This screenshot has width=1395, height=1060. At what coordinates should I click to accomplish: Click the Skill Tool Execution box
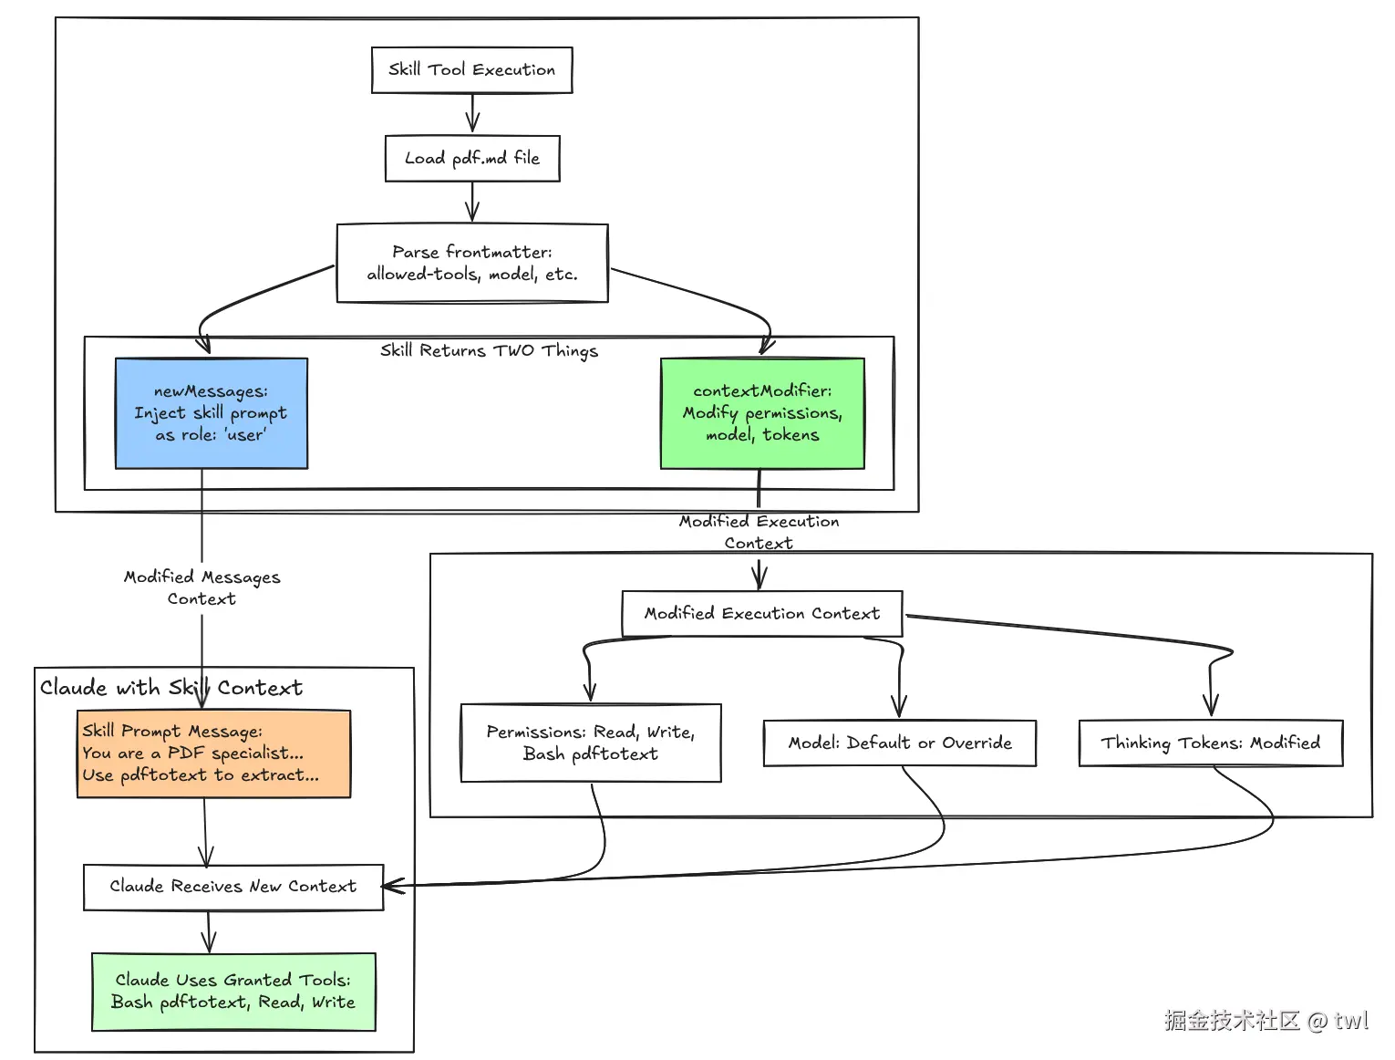tap(471, 70)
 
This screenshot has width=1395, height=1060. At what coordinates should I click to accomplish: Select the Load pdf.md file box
tap(471, 159)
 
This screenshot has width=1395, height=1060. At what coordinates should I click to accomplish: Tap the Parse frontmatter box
tap(471, 263)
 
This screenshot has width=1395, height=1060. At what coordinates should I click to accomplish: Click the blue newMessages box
tap(211, 413)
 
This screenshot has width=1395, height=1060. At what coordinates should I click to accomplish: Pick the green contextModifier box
tap(762, 413)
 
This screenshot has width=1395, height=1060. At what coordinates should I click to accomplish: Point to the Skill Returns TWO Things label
tap(489, 350)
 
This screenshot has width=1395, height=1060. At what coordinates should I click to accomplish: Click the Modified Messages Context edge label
tap(201, 587)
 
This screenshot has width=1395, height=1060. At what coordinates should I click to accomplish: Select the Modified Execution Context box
tap(761, 614)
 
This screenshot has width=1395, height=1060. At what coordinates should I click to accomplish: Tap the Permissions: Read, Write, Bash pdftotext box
tap(591, 743)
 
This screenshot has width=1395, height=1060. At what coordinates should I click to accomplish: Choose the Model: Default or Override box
tap(899, 743)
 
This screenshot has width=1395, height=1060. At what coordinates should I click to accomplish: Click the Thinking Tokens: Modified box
tap(1210, 743)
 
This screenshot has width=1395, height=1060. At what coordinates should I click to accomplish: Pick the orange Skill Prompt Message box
tap(213, 753)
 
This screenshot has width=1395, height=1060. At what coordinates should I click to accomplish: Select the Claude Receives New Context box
tap(232, 887)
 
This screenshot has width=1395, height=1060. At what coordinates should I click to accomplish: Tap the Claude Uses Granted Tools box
tap(233, 992)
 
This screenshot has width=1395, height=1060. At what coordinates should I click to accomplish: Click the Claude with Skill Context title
tap(170, 688)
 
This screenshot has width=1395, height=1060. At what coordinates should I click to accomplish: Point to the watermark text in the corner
tap(1266, 1020)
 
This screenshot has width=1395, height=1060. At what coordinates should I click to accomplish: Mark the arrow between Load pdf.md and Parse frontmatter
tap(472, 202)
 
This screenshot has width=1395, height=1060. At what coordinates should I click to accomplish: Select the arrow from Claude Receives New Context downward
tap(209, 931)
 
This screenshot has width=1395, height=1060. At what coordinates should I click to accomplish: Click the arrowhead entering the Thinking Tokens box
tap(1211, 704)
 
